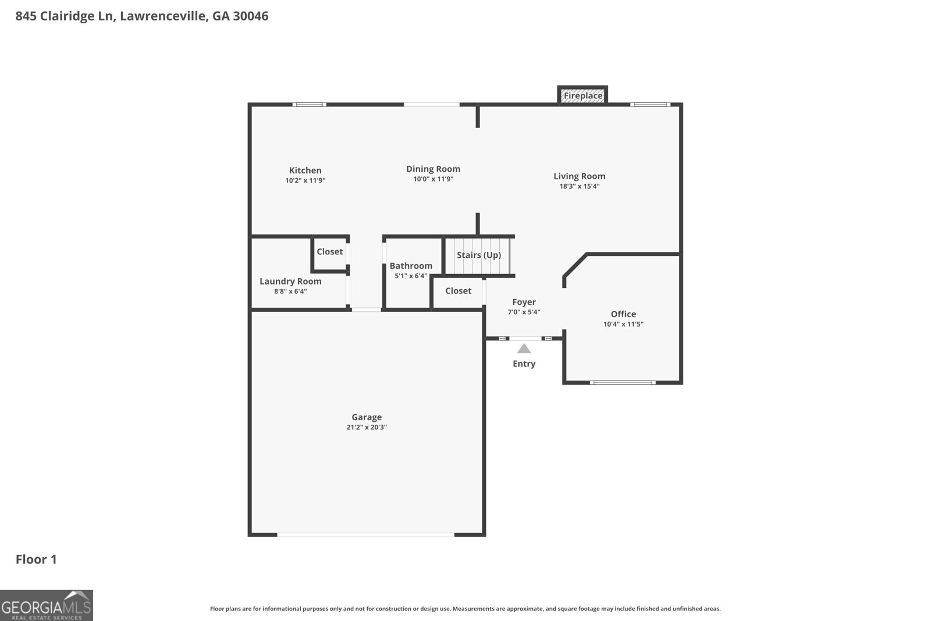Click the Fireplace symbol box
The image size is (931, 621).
tap(582, 95)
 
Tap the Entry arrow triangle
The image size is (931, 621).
tap(524, 349)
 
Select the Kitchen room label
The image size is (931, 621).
tap(305, 171)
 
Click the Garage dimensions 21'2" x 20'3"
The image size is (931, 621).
tap(366, 427)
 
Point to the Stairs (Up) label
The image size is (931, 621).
tap(478, 255)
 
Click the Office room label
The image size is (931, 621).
tap(623, 314)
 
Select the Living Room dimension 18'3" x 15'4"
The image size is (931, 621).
tap(579, 186)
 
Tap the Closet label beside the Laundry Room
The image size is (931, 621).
tap(329, 251)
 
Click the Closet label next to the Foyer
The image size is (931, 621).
tap(458, 290)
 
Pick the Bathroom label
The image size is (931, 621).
tap(411, 265)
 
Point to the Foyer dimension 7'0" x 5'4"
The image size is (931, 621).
tap(524, 312)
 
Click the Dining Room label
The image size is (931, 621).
tap(433, 169)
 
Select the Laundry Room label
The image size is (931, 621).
tap(290, 281)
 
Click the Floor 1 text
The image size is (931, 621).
tap(36, 559)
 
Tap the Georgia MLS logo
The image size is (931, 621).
tap(46, 605)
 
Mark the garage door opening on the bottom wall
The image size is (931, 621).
tap(365, 534)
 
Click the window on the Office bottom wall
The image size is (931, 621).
tap(623, 382)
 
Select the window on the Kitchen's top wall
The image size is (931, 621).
tap(309, 105)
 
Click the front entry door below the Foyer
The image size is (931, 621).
tap(524, 338)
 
